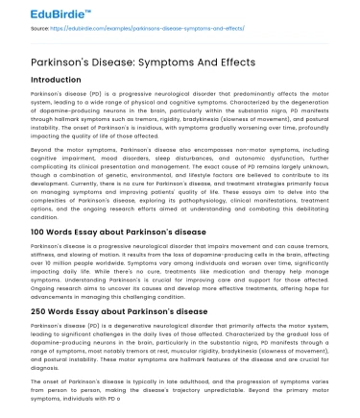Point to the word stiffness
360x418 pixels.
click(x=46, y=254)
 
